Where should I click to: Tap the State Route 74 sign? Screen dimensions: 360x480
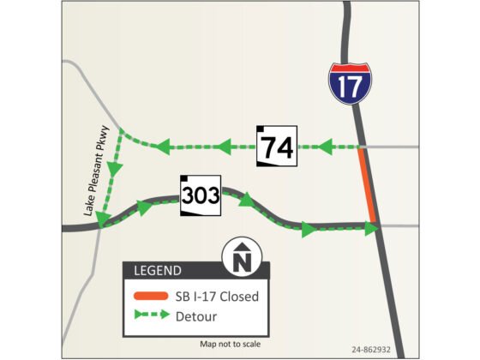277,147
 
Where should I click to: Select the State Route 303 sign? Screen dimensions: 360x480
201,194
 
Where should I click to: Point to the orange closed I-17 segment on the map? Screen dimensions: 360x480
367,185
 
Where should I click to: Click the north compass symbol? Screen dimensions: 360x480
242,257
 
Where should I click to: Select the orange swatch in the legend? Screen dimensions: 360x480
151,297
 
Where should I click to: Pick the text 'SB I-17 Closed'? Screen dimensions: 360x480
219,297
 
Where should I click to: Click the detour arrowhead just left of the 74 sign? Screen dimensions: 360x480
226,147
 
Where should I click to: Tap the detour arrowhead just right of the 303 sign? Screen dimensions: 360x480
247,201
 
